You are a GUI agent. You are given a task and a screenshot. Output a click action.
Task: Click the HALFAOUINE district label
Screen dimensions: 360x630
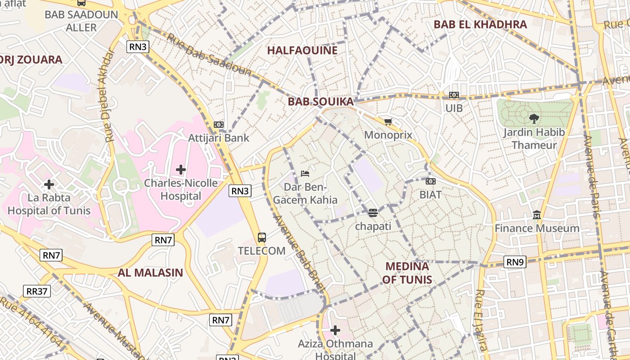tap(302, 50)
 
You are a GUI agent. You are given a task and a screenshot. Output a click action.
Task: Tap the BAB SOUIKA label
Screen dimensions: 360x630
tap(320, 102)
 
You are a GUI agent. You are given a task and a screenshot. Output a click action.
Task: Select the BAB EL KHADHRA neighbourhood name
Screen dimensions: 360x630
tap(480, 24)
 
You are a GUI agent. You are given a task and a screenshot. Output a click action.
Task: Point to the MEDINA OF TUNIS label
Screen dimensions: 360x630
tap(407, 273)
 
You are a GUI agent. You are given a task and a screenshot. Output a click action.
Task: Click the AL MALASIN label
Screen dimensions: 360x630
tap(150, 272)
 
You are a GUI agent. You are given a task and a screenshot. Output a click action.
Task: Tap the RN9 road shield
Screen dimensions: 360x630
tap(515, 262)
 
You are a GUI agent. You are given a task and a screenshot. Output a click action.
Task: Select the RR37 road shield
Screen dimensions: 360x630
tap(37, 291)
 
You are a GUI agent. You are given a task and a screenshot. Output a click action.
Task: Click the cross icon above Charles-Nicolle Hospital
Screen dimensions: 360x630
tap(181, 170)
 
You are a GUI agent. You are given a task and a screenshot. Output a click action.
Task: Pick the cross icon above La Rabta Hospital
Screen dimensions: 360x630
tap(49, 184)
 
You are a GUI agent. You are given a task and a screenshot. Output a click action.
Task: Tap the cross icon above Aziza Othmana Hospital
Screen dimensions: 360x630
tap(335, 331)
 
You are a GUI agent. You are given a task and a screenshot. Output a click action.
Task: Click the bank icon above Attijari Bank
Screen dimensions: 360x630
tap(219, 124)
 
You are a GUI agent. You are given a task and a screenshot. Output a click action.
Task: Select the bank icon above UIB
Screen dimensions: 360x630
tap(454, 95)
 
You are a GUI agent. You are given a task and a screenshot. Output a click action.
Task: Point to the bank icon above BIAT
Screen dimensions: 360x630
tap(431, 181)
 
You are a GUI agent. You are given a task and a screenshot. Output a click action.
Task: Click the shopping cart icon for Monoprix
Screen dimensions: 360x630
tap(388, 121)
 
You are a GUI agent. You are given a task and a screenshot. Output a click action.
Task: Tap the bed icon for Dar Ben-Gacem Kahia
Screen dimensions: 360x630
tap(305, 173)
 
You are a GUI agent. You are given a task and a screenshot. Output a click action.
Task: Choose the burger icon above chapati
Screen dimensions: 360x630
tap(373, 212)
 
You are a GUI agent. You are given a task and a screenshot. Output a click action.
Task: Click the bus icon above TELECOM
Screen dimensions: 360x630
tap(261, 237)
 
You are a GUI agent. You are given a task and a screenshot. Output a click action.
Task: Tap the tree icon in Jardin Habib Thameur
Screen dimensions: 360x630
tap(534, 119)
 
